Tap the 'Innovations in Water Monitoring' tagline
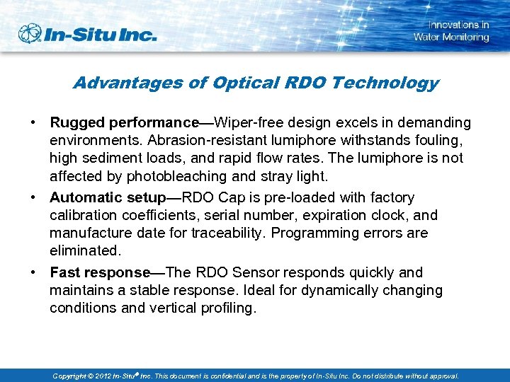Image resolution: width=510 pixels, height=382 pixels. click(451, 31)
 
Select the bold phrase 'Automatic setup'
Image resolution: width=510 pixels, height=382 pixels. click(108, 197)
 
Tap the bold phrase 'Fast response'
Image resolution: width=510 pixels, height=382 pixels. click(100, 272)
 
